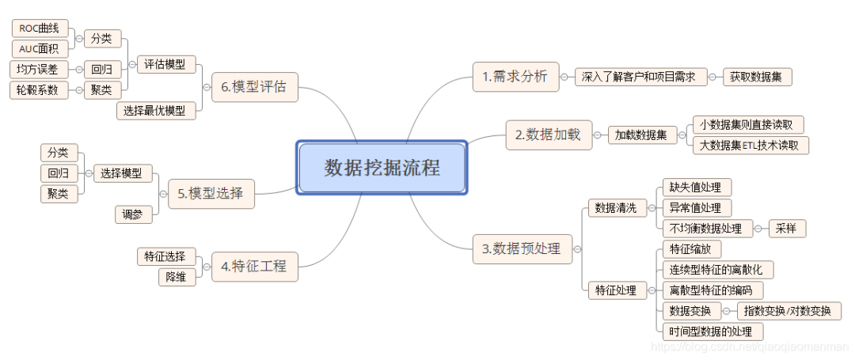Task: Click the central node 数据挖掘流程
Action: coord(382,168)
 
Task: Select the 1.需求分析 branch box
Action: coord(515,77)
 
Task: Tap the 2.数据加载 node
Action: coord(547,135)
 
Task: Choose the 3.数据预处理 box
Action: coord(521,248)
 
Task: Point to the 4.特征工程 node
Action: coord(254,266)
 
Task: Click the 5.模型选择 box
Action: coord(211,192)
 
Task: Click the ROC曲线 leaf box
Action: coord(40,28)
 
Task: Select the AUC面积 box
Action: coord(40,49)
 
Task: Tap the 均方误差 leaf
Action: coord(38,70)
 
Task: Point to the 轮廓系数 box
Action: coord(38,90)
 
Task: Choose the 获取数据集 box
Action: coord(757,77)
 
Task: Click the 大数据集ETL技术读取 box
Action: coord(750,145)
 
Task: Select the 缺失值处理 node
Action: coord(696,188)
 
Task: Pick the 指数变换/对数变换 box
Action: coord(788,311)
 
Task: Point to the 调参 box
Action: coord(132,214)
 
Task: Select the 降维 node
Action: coord(177,277)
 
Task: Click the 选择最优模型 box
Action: coord(155,111)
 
